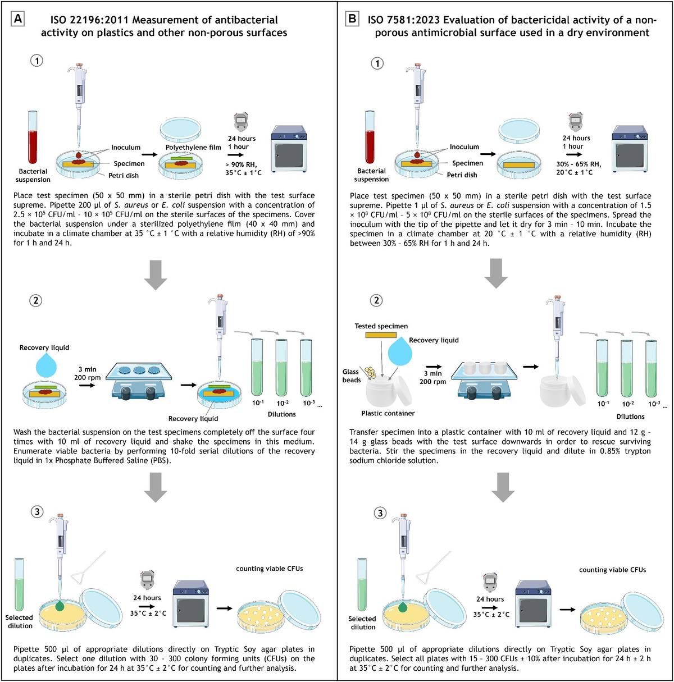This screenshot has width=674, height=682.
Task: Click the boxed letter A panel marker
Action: (x=18, y=19)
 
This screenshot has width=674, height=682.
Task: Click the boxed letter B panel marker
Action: (x=352, y=19)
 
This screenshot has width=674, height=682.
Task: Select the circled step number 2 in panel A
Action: (x=36, y=300)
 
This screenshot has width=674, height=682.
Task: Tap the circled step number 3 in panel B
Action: (x=380, y=513)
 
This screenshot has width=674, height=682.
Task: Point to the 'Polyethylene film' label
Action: (x=193, y=147)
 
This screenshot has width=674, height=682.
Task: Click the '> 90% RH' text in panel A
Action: (x=241, y=164)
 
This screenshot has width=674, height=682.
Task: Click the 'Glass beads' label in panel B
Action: (x=351, y=376)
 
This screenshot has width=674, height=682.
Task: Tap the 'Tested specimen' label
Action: (x=381, y=326)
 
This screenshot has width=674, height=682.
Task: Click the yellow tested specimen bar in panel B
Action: (x=381, y=335)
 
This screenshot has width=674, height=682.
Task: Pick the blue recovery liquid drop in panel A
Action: (x=45, y=365)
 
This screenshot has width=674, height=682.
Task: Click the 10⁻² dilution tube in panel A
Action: (x=282, y=367)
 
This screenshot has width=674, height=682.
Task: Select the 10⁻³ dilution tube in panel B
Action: (x=652, y=367)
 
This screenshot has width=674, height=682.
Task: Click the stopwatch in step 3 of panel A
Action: (x=147, y=579)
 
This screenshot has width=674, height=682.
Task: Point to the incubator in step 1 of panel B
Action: (x=629, y=149)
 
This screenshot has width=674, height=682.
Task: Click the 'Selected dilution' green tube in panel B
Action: (x=362, y=584)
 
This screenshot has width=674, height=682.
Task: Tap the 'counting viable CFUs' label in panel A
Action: (x=269, y=569)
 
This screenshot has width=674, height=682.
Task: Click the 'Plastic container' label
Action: (x=388, y=413)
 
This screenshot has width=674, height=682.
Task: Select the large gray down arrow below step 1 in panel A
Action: (x=156, y=275)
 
